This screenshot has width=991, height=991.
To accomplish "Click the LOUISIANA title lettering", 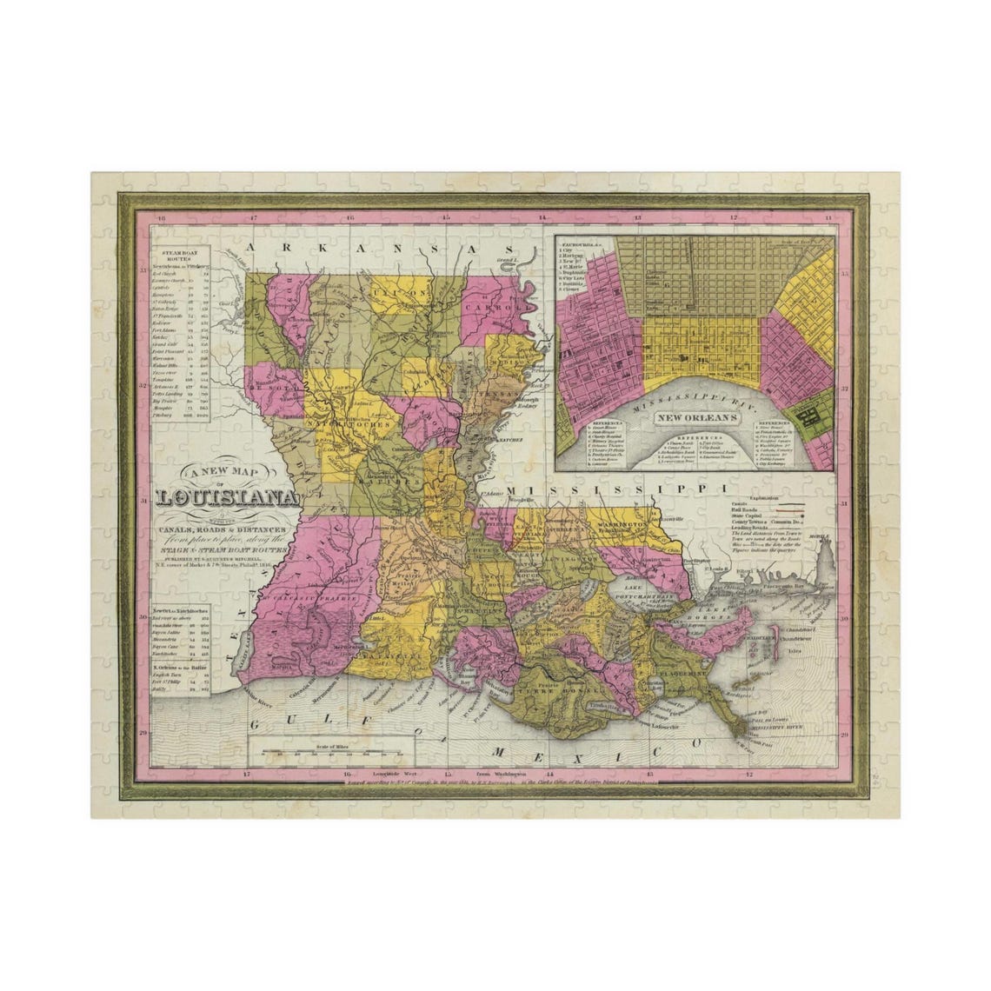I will pos(228,499).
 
